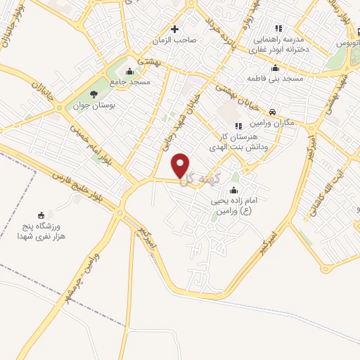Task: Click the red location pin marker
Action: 181,166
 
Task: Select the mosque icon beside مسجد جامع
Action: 128,71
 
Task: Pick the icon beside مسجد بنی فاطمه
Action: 274,68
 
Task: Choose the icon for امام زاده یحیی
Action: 233,191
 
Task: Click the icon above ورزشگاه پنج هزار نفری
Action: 41,215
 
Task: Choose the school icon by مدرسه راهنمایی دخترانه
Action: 278,29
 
